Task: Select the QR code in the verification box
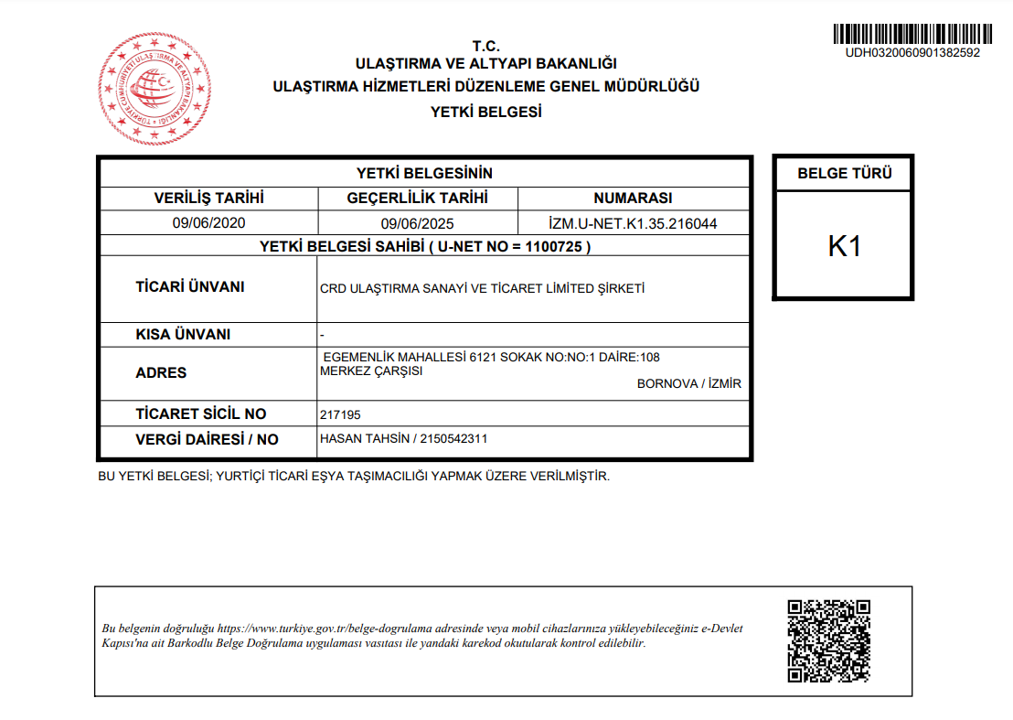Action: pos(828,640)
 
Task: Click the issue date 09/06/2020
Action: pos(208,222)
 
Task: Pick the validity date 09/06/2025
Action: pos(418,223)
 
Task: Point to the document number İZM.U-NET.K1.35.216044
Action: pos(633,223)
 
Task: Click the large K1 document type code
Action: pos(844,246)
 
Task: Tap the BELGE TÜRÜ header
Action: pos(844,173)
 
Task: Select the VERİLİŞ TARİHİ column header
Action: pos(208,198)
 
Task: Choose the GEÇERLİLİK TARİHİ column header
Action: pos(418,198)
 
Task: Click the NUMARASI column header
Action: pos(633,198)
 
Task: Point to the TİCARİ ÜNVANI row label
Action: pos(190,286)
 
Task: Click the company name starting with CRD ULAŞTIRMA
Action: pos(483,288)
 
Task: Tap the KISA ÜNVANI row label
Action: pos(183,334)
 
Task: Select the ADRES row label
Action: pos(161,372)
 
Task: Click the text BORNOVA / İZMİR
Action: pos(689,383)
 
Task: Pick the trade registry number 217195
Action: pos(340,414)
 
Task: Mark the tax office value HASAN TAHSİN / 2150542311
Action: pos(404,438)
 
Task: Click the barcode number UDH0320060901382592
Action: pos(912,53)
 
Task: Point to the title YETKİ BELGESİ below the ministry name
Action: pos(485,112)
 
